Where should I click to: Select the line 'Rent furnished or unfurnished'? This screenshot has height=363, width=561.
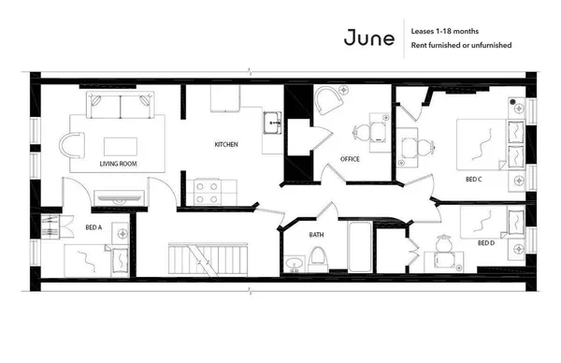(x=461, y=45)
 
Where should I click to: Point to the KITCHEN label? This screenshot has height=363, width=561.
(x=226, y=145)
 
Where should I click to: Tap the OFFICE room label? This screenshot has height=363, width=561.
(x=350, y=159)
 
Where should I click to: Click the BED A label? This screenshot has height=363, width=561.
(x=93, y=226)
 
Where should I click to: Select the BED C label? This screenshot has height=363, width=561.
(x=473, y=179)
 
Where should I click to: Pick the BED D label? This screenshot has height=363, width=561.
(x=485, y=243)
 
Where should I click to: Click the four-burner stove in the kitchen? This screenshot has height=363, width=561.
(x=207, y=192)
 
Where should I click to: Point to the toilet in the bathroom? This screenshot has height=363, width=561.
(x=318, y=257)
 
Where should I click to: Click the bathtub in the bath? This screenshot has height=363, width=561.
(x=360, y=246)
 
